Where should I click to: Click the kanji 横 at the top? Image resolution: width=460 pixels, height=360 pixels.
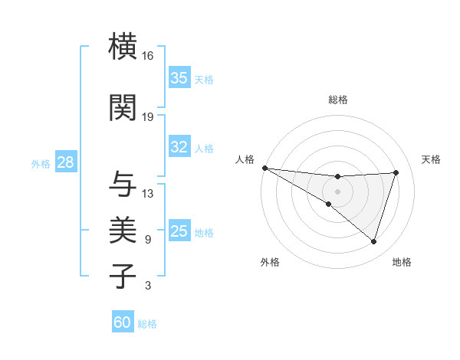pos(123,47)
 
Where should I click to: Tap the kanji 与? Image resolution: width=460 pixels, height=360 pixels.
pos(123,184)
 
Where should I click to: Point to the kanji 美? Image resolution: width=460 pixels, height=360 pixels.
pos(123,230)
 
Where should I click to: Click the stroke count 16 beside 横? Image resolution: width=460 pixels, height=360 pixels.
pos(148,56)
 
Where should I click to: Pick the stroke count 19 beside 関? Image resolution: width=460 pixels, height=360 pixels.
pos(148,116)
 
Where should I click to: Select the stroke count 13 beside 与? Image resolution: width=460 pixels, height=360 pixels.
pos(148,193)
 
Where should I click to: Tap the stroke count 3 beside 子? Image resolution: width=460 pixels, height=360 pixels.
pos(148,286)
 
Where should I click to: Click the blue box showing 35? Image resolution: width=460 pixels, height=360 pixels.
pos(179,77)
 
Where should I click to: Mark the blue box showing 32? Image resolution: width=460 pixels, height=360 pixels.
pos(179,147)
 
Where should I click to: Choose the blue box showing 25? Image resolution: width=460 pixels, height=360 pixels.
pos(179,231)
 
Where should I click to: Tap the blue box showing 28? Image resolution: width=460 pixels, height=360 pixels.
pos(65,162)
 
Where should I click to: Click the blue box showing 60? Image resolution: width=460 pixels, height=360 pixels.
pos(123,322)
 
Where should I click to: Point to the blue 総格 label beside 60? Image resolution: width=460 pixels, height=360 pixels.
pos(147,324)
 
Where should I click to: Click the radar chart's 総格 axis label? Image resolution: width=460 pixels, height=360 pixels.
pos(337,100)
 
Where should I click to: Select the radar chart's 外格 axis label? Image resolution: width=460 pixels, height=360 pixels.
pos(270,262)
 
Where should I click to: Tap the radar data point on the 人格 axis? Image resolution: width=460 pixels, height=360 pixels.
pos(264,168)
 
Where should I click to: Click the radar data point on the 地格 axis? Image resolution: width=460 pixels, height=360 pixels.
pos(373,241)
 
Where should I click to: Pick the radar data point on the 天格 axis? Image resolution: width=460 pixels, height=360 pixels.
pos(396,172)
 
